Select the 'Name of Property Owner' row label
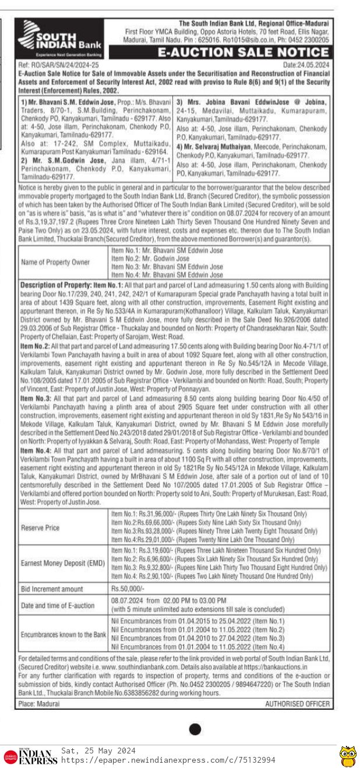tap(55, 262)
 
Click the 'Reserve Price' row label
tap(40, 528)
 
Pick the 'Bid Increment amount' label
tap(52, 589)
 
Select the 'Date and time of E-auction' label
tap(57, 606)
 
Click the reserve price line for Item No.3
tap(214, 531)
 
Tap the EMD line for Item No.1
tap(216, 550)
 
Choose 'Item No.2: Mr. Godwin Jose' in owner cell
tap(150, 258)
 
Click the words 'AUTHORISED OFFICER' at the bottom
tap(297, 703)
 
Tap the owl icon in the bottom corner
tap(348, 755)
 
